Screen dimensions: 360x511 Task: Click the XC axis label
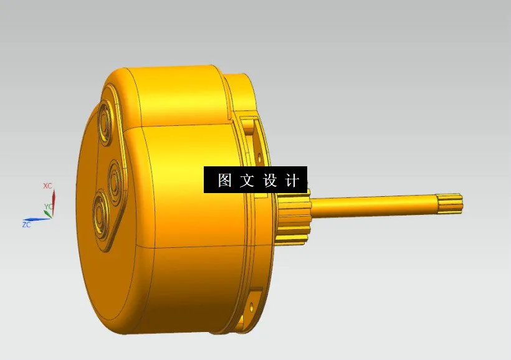[47, 186]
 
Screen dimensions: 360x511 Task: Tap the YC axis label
[48, 206]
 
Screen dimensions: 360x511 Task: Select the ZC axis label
[27, 224]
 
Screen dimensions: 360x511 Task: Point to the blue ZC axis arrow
[39, 219]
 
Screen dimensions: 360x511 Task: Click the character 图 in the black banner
[224, 181]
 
